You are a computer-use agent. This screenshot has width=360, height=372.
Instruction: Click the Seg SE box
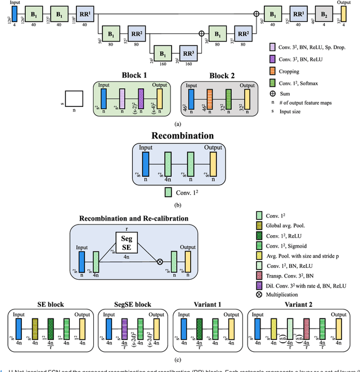pyautogui.click(x=126, y=239)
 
